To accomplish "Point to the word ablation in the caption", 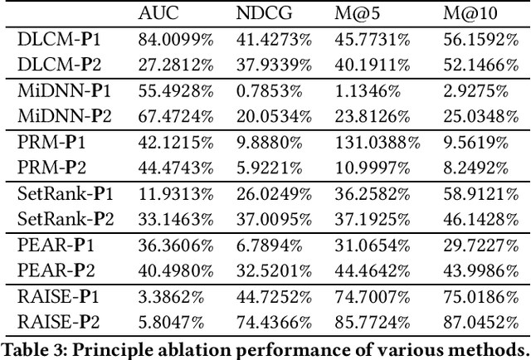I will click(165, 345).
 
